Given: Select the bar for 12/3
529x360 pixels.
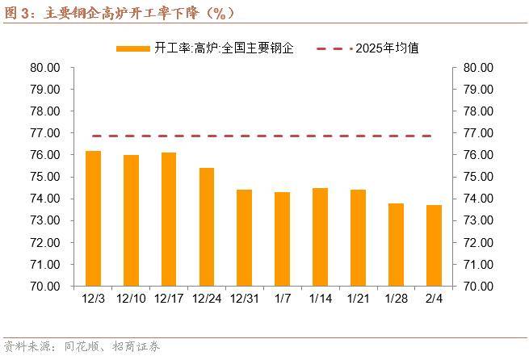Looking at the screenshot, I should [93, 218].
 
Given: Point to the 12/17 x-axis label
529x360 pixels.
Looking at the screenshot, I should [168, 299].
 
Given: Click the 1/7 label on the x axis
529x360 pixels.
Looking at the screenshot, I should [282, 299].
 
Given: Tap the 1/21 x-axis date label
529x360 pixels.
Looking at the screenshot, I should [358, 299].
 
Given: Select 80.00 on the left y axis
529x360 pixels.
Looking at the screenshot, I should [46, 67].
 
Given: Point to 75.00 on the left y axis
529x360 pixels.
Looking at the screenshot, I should [46, 177].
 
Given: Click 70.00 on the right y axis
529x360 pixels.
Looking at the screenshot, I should [477, 286].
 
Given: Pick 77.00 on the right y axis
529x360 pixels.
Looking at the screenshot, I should [477, 133].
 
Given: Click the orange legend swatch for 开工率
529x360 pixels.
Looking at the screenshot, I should [132, 48].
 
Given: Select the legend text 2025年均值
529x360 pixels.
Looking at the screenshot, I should [387, 48].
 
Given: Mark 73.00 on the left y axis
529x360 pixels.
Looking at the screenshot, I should [46, 220].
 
